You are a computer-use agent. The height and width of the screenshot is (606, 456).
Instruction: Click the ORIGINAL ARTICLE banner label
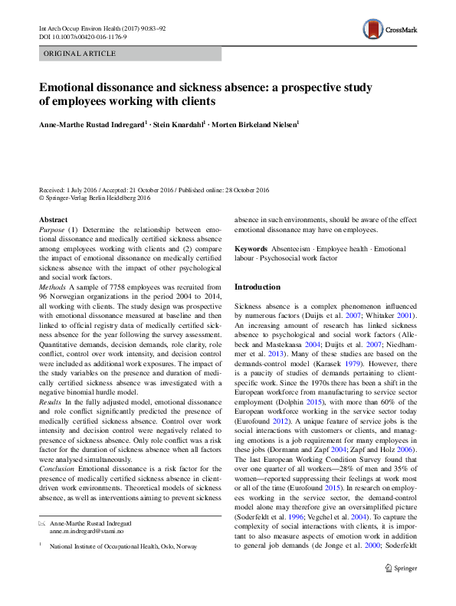pyautogui.click(x=80, y=54)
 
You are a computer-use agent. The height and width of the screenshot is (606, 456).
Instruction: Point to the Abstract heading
pyautogui.click(x=53, y=220)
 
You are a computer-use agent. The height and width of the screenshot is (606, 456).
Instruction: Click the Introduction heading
pyautogui.click(x=258, y=287)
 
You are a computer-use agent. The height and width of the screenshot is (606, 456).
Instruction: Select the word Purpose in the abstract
pyautogui.click(x=52, y=230)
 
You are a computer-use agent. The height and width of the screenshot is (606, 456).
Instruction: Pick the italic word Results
pyautogui.click(x=51, y=402)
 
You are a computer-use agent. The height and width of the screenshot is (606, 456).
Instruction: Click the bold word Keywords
pyautogui.click(x=251, y=250)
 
